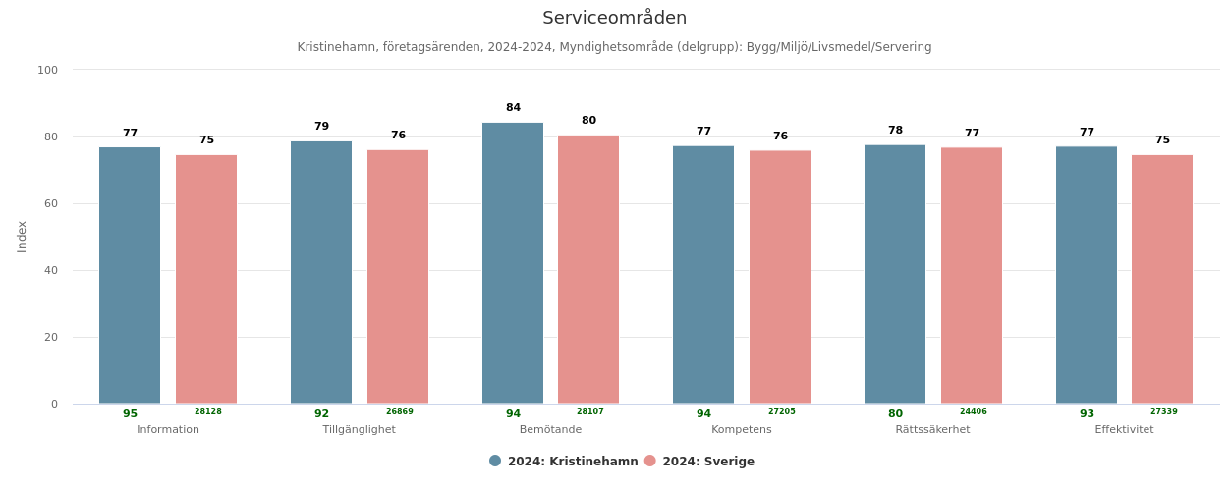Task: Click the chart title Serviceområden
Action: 614,18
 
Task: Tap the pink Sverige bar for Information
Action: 206,279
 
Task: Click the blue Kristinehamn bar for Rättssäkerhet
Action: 894,274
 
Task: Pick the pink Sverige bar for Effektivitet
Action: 1161,279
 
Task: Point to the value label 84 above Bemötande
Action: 513,108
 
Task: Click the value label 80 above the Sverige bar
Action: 588,121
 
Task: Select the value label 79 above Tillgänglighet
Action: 321,127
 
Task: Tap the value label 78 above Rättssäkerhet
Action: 895,131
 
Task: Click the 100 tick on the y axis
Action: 48,70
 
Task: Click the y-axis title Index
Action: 22,237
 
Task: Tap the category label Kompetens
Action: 741,430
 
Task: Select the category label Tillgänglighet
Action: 359,430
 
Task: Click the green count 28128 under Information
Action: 207,412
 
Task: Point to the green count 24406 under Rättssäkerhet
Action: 973,412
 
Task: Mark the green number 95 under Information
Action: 130,414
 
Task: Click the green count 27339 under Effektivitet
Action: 1163,412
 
